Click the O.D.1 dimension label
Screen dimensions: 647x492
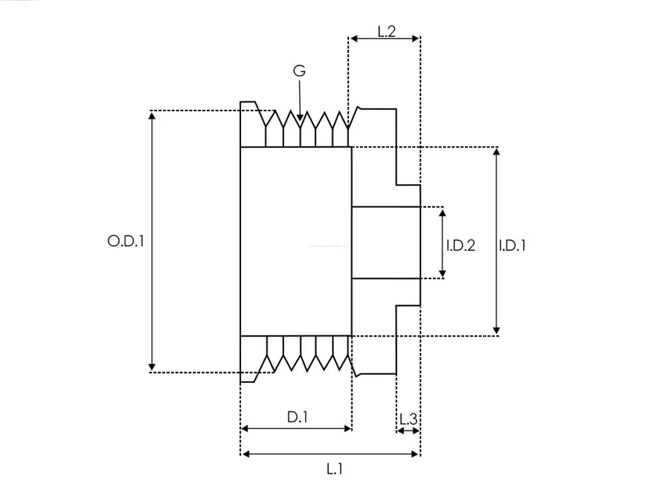(126, 241)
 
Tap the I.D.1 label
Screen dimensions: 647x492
(512, 246)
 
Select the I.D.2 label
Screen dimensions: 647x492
(461, 245)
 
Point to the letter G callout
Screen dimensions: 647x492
(300, 70)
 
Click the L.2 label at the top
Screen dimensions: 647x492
(387, 32)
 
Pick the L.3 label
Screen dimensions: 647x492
(408, 419)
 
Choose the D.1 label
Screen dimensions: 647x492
(297, 417)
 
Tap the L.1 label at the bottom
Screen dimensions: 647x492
(334, 469)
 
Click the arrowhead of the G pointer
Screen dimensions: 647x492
(300, 118)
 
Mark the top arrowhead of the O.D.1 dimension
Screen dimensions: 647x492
(152, 115)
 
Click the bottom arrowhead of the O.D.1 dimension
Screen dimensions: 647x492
(152, 367)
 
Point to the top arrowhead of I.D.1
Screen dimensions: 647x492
(496, 152)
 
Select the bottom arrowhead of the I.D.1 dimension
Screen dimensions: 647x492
(496, 331)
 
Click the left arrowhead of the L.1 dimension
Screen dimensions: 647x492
(246, 454)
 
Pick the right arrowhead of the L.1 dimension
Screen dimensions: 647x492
(415, 454)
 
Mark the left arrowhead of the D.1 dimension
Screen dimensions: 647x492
(245, 428)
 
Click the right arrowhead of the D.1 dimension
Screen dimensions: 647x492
(347, 428)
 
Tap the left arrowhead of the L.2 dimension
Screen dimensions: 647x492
(354, 39)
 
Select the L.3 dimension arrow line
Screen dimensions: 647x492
(408, 431)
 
